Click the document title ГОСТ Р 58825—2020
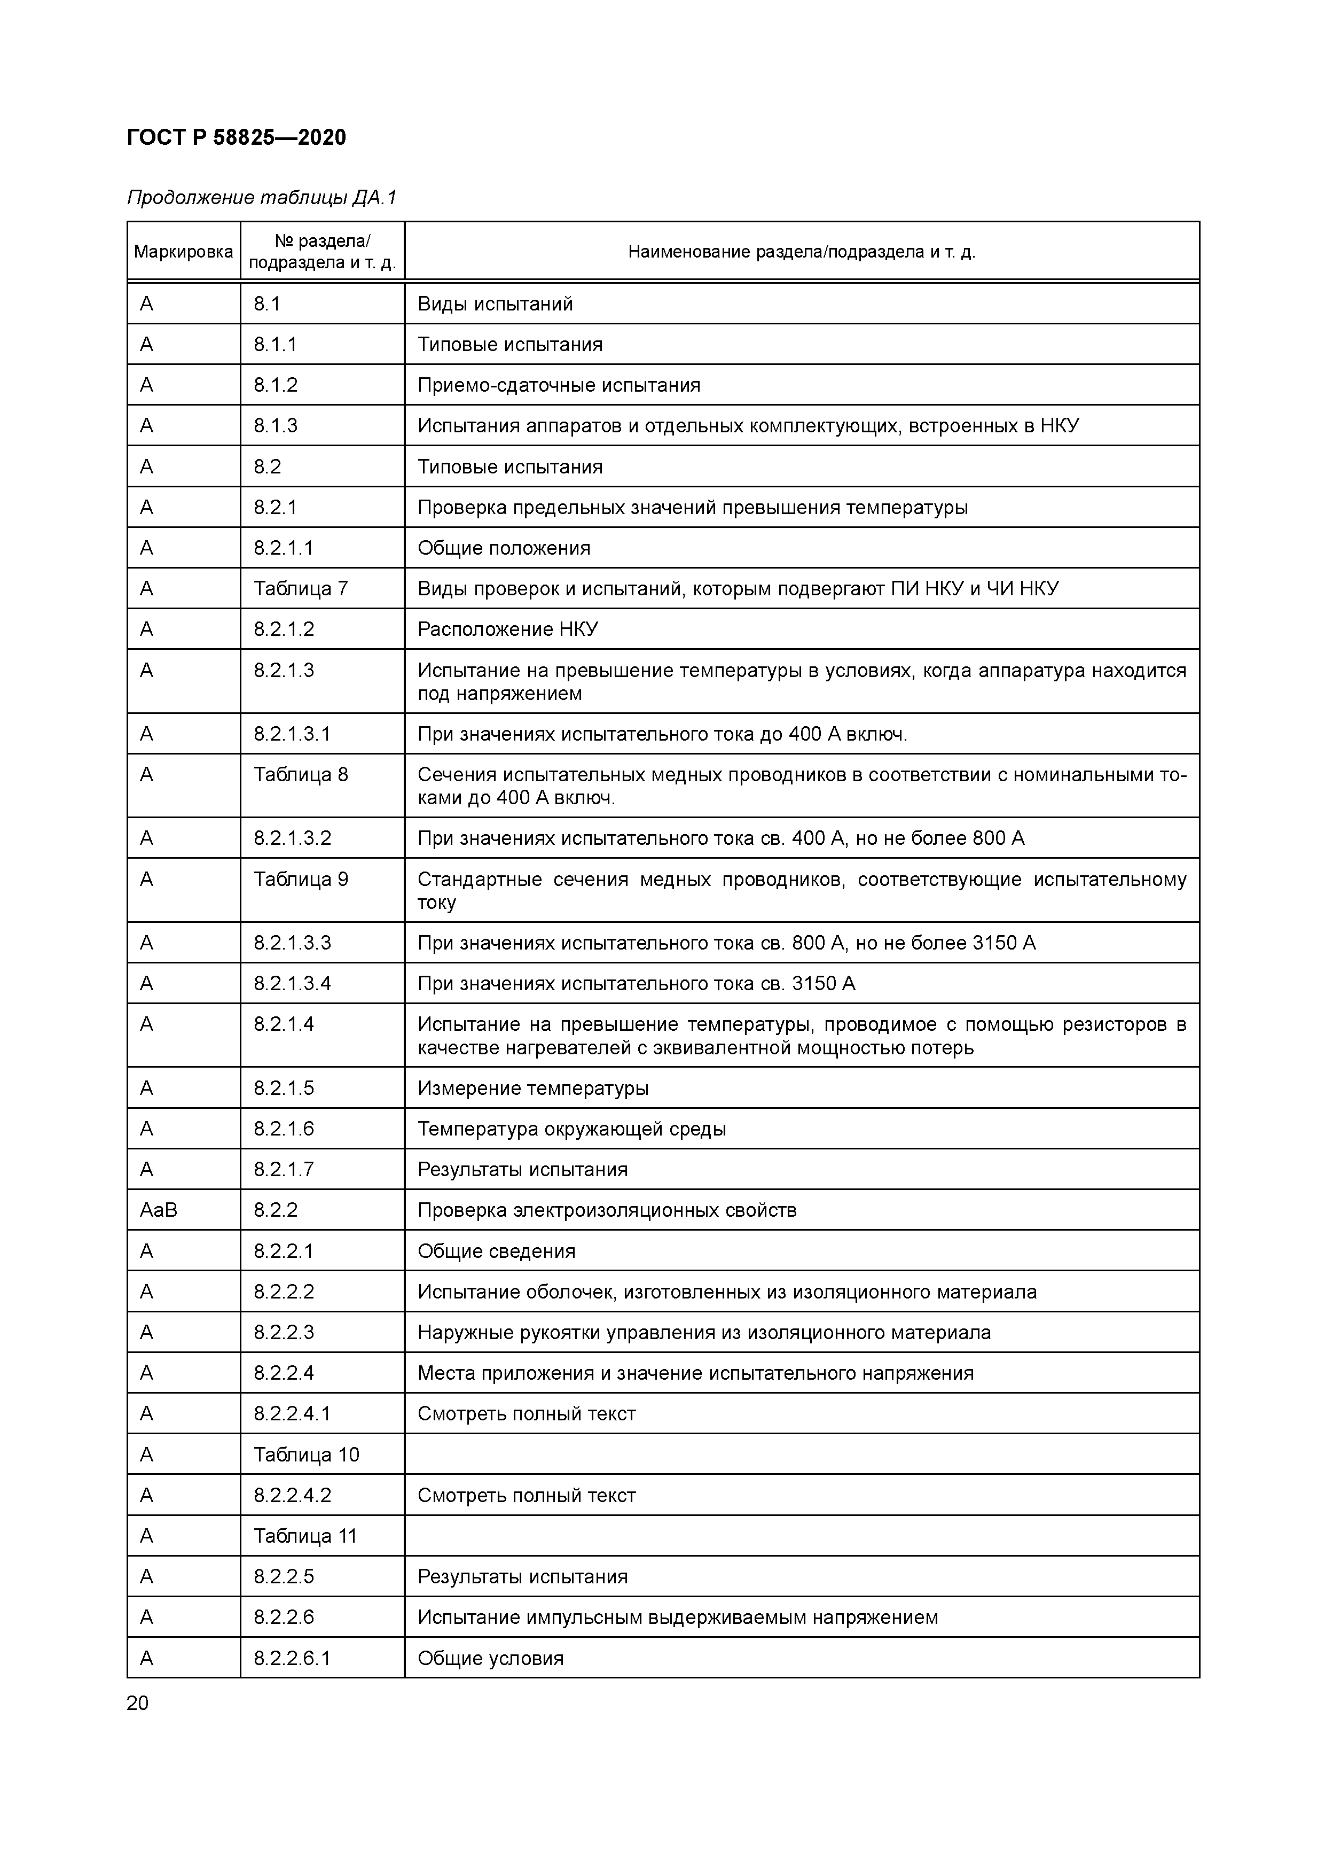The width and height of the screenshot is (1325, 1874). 237,137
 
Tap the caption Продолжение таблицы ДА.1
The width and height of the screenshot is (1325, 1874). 262,198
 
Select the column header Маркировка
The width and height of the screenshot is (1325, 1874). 184,251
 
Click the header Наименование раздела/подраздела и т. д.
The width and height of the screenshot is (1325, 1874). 801,251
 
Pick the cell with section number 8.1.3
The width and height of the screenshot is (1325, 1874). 276,425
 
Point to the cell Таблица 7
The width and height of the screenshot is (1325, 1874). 300,588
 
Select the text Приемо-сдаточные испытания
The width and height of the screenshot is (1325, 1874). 559,385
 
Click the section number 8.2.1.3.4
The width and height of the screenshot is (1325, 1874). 292,984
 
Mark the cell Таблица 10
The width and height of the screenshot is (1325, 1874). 306,1455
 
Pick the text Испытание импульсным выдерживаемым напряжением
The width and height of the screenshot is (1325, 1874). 677,1617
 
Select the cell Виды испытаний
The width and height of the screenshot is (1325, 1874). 495,304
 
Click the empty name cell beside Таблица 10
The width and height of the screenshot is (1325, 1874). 801,1455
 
